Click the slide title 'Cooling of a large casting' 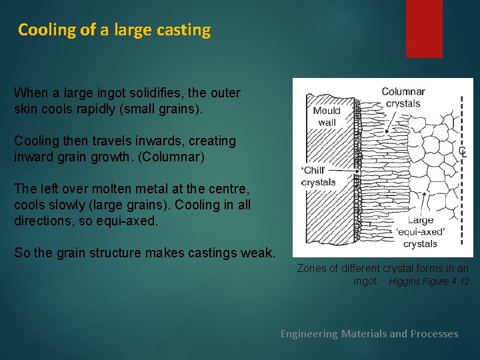coord(114,30)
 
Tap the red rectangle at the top coord(424,28)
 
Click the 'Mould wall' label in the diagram coord(327,116)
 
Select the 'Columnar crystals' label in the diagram coord(403,97)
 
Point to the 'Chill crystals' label coord(319,176)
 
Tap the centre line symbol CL coord(463,152)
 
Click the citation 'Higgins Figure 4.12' coord(429,282)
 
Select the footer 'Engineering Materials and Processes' coord(369,333)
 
